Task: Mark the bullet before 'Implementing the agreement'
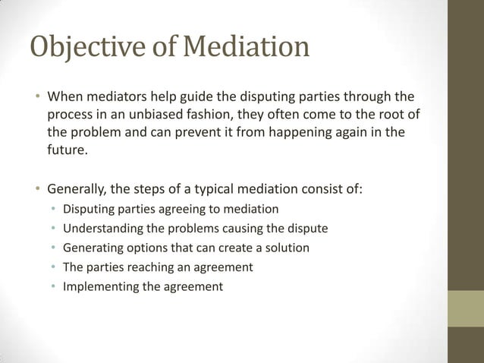click(x=54, y=287)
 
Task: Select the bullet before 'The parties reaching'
click(x=54, y=267)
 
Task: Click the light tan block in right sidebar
click(x=465, y=308)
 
